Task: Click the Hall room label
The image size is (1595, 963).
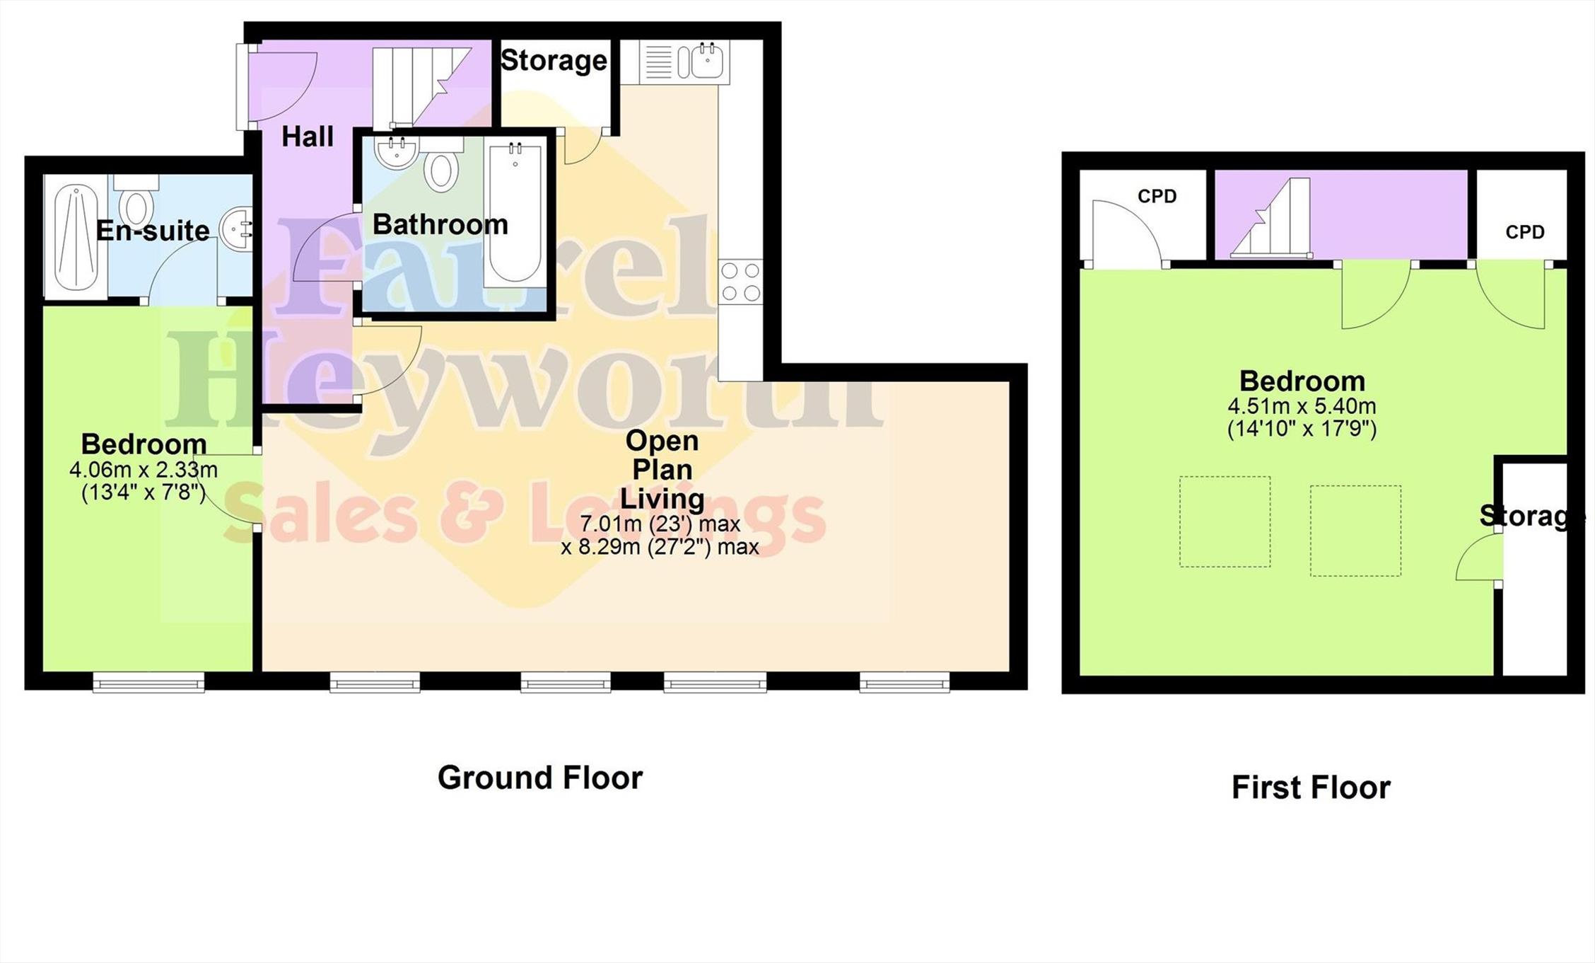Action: click(x=308, y=137)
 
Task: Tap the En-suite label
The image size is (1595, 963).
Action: click(x=153, y=231)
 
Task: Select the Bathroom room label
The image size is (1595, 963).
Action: click(x=440, y=224)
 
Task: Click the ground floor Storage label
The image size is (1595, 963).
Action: click(x=554, y=60)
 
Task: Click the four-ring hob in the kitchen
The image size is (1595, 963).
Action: click(x=741, y=282)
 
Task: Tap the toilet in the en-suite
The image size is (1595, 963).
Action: click(x=135, y=199)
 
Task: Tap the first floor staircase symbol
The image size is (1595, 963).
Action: click(x=1271, y=217)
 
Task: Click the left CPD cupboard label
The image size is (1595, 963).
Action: click(x=1157, y=196)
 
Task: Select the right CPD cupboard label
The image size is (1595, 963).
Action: click(x=1525, y=232)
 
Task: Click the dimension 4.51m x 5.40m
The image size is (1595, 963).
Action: click(x=1302, y=407)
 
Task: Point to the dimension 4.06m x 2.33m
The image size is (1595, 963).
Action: click(x=144, y=470)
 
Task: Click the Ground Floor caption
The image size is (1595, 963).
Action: click(x=540, y=778)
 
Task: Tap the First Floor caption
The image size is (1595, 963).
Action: click(x=1311, y=788)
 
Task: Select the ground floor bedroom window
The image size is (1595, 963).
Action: click(x=148, y=682)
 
